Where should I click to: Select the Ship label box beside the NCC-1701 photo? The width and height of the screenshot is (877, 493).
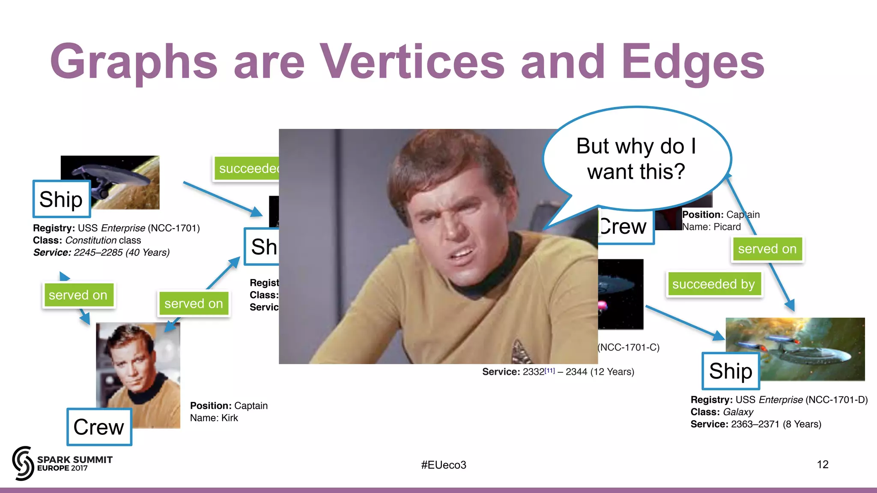pyautogui.click(x=61, y=199)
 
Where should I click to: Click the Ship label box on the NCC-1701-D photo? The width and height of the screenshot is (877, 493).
pyautogui.click(x=731, y=371)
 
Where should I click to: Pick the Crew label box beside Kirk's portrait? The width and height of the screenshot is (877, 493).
pyautogui.click(x=99, y=427)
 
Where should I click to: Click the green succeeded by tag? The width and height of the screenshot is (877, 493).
pyautogui.click(x=713, y=284)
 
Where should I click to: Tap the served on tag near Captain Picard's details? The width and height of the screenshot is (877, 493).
pyautogui.click(x=767, y=249)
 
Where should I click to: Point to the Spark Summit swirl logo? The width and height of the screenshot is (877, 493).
pyautogui.click(x=23, y=463)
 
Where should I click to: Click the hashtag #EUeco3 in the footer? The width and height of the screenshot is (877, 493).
pyautogui.click(x=444, y=465)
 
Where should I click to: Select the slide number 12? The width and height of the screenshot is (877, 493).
pyautogui.click(x=822, y=465)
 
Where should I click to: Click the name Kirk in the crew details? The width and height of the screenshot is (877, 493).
pyautogui.click(x=230, y=418)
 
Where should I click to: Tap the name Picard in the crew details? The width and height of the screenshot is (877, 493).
pyautogui.click(x=727, y=227)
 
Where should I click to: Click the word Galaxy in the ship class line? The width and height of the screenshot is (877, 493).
pyautogui.click(x=738, y=412)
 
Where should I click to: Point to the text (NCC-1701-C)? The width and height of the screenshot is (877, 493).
pyautogui.click(x=629, y=347)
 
